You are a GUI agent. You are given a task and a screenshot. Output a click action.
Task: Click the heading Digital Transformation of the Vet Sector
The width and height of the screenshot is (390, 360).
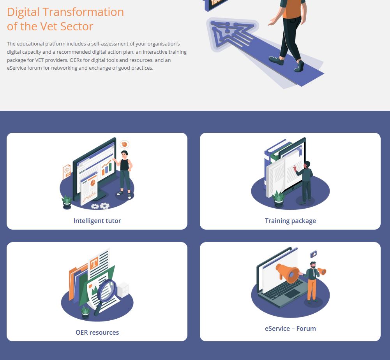click(65, 19)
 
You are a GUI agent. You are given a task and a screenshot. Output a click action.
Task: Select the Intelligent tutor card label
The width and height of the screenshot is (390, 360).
click(97, 221)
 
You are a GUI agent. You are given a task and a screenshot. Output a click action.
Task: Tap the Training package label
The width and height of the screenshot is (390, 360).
click(290, 221)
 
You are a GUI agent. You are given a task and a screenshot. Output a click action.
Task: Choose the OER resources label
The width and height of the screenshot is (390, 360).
click(97, 332)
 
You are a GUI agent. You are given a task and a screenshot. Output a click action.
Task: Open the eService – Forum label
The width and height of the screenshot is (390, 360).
click(290, 328)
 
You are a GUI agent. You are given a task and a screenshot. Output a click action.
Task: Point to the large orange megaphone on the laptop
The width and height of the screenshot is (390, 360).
click(288, 273)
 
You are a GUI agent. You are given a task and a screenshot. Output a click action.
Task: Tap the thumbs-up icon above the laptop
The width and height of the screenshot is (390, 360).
click(314, 254)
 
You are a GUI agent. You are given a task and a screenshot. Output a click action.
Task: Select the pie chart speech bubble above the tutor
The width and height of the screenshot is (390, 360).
click(124, 144)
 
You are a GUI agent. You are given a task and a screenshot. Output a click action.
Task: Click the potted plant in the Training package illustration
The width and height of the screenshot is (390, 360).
click(278, 199)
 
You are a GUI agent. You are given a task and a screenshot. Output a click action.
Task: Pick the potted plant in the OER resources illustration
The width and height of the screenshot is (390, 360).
click(85, 313)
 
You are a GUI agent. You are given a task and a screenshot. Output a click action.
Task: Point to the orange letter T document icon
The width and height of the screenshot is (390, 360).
click(94, 263)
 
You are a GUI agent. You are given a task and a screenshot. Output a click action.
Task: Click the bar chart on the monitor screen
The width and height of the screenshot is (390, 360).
click(107, 167)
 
